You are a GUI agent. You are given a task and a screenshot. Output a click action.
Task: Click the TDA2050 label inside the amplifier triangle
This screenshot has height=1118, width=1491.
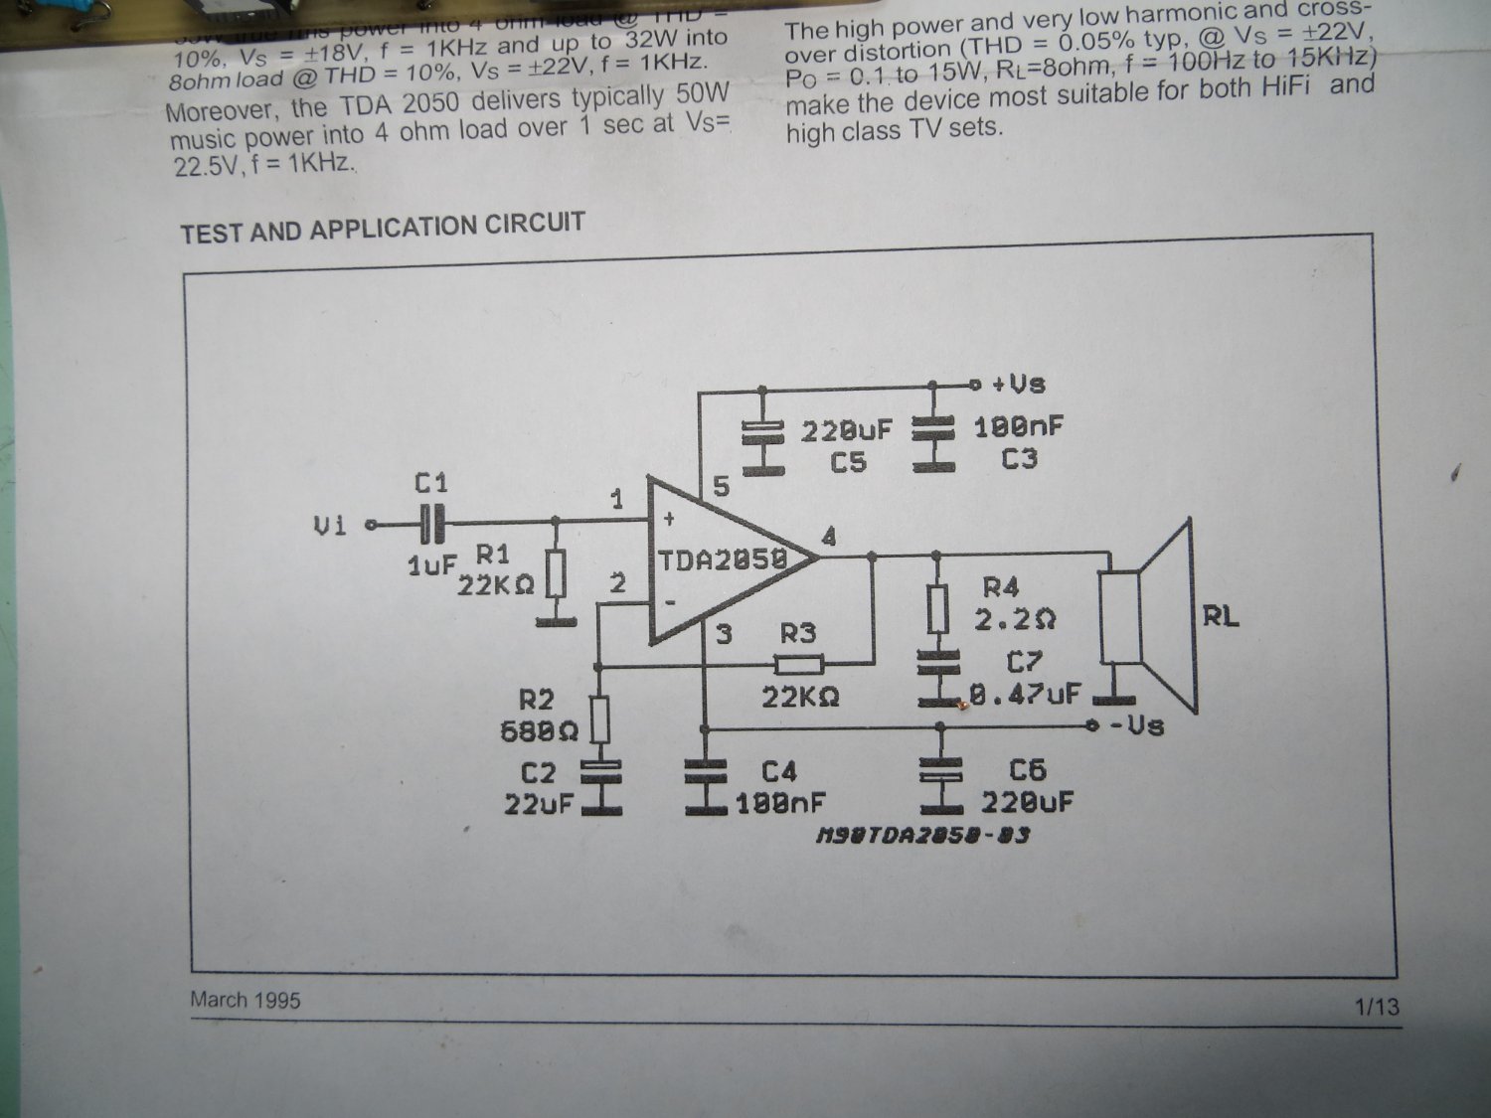723,559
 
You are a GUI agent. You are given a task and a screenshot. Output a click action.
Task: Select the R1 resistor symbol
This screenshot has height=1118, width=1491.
557,574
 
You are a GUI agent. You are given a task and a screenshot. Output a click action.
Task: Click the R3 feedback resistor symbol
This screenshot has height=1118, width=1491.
798,665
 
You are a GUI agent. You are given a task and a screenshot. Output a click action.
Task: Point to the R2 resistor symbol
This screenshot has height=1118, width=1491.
599,719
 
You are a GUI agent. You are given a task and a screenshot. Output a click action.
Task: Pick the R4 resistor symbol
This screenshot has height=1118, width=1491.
936,609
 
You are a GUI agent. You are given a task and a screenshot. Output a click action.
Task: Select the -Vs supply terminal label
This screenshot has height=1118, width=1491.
1135,725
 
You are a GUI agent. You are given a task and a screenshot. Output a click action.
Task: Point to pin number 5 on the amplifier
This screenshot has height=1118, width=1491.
721,486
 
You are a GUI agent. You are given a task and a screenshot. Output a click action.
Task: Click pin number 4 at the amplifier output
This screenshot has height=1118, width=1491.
829,538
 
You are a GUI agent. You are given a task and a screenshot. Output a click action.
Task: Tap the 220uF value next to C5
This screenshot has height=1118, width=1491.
847,430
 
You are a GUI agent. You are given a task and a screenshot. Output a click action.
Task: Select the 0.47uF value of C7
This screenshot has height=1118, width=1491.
1024,694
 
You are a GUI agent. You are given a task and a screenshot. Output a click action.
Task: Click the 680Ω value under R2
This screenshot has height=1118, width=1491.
539,731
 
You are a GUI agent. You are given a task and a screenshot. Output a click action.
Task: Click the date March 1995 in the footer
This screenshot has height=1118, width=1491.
246,1000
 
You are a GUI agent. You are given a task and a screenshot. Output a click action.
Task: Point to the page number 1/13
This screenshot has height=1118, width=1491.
1377,1007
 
